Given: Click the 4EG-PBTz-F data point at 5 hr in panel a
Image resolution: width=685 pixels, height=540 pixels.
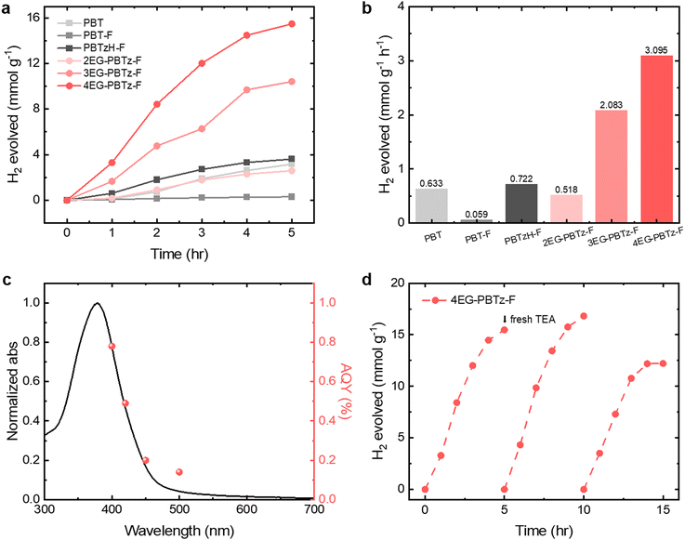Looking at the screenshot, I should tap(291, 24).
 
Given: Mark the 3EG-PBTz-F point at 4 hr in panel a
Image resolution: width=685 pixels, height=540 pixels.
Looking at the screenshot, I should tap(246, 89).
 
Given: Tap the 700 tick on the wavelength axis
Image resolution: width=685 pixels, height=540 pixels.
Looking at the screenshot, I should tap(313, 510).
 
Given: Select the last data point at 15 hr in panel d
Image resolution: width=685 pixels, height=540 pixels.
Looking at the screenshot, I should tap(663, 363).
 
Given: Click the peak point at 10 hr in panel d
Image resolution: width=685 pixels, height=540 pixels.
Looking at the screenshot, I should tap(584, 316).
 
